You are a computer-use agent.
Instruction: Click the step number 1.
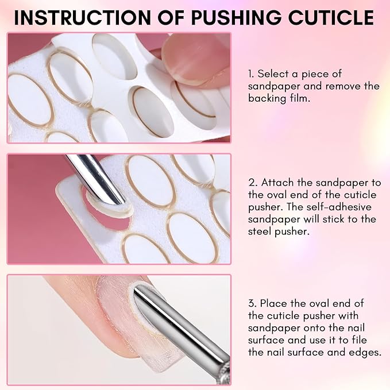click(x=251, y=74)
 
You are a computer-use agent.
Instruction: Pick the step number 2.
click(x=252, y=183)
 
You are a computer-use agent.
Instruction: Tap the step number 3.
click(x=252, y=303)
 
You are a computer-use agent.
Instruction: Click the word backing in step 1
click(x=269, y=98)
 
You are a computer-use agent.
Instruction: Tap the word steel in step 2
click(x=262, y=233)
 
